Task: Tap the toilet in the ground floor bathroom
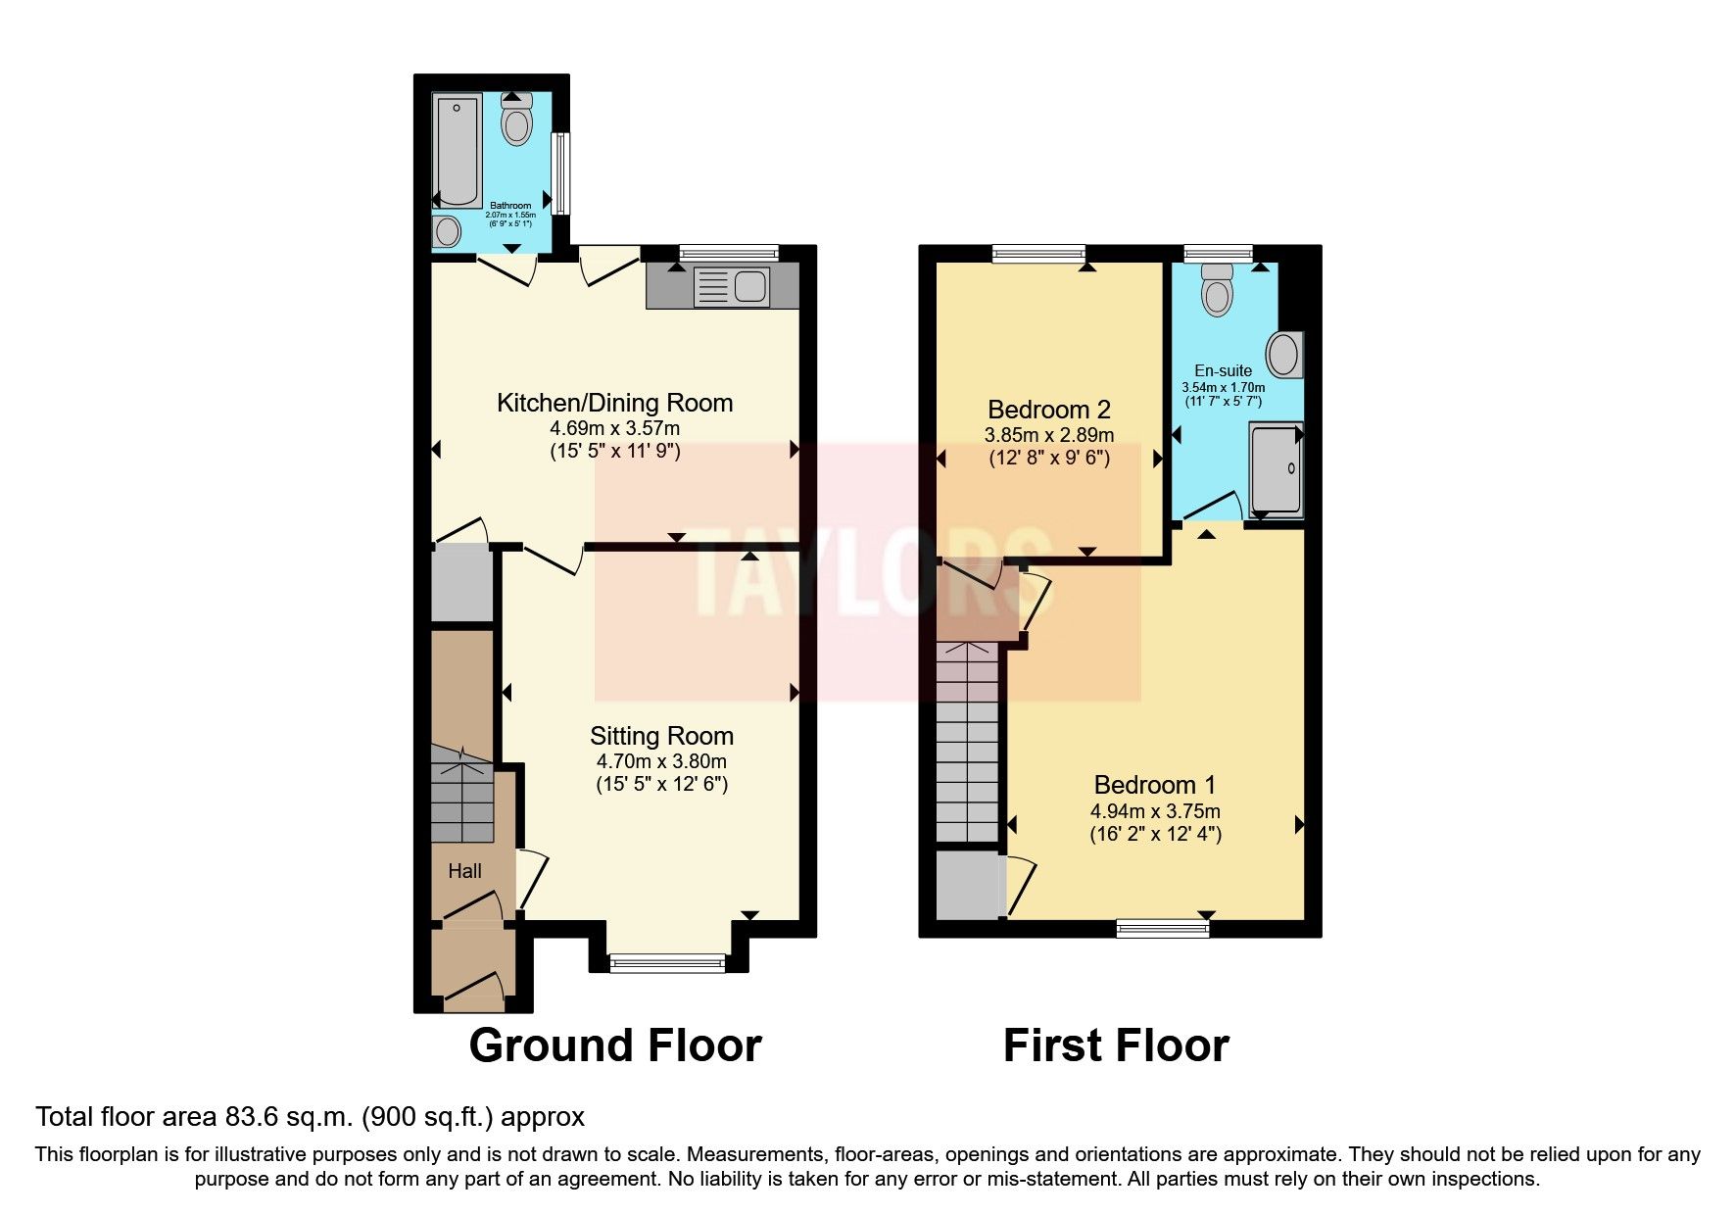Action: [516, 121]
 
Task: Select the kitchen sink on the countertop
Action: [748, 286]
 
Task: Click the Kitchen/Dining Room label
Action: [614, 403]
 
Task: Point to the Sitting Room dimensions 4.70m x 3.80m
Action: [661, 761]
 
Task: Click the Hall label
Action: [464, 871]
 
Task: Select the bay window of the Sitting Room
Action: [667, 963]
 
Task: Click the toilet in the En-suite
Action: [1216, 290]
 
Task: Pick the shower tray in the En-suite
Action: [1276, 469]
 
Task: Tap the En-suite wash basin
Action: [1284, 355]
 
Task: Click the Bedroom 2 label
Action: [1048, 410]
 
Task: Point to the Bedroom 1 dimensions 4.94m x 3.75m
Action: [1155, 811]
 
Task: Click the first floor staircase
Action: [966, 745]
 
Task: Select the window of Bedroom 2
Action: [1038, 254]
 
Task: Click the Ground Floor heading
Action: [615, 1045]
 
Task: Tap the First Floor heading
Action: [1116, 1045]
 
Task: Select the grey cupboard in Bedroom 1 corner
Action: [968, 886]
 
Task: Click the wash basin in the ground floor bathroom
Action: [448, 232]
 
